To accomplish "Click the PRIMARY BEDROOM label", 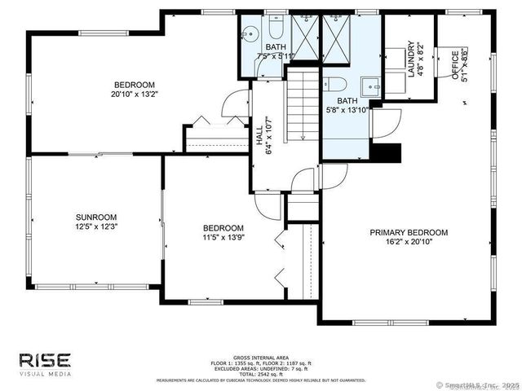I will click(x=409, y=232).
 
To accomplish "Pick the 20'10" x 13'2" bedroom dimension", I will click(x=134, y=94).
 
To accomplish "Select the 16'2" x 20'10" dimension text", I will click(x=409, y=242).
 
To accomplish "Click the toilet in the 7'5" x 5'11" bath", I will click(x=275, y=30).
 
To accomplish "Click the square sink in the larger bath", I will click(x=371, y=85).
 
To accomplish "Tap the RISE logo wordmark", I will click(x=45, y=359).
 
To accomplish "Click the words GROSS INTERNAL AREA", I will click(x=260, y=356).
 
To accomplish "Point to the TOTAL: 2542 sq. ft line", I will click(x=260, y=373).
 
